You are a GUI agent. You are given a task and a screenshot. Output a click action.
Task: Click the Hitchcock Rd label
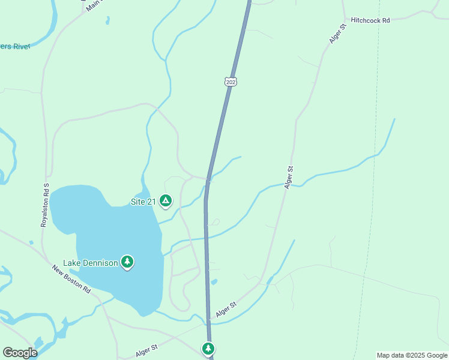(x=370, y=20)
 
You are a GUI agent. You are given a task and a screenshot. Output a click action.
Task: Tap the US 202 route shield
(x=232, y=81)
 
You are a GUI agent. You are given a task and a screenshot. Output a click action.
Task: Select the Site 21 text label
(x=143, y=202)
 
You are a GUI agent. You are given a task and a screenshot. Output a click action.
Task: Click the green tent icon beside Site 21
(x=166, y=201)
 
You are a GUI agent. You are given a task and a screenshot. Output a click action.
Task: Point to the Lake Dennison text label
(x=91, y=263)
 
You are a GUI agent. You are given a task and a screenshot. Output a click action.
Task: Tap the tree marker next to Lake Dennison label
(x=127, y=262)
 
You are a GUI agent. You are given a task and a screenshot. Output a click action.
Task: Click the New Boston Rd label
(x=71, y=280)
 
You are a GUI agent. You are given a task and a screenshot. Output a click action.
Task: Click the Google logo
(x=20, y=352)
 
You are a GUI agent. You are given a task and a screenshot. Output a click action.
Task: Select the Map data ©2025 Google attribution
(x=412, y=355)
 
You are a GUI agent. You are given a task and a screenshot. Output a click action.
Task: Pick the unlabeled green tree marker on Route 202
(x=208, y=349)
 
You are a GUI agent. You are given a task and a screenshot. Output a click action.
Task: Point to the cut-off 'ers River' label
(x=14, y=46)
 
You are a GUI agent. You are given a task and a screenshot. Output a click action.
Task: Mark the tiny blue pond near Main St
(x=107, y=20)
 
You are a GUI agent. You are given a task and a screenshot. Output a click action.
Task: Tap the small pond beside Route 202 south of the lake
(x=214, y=281)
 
